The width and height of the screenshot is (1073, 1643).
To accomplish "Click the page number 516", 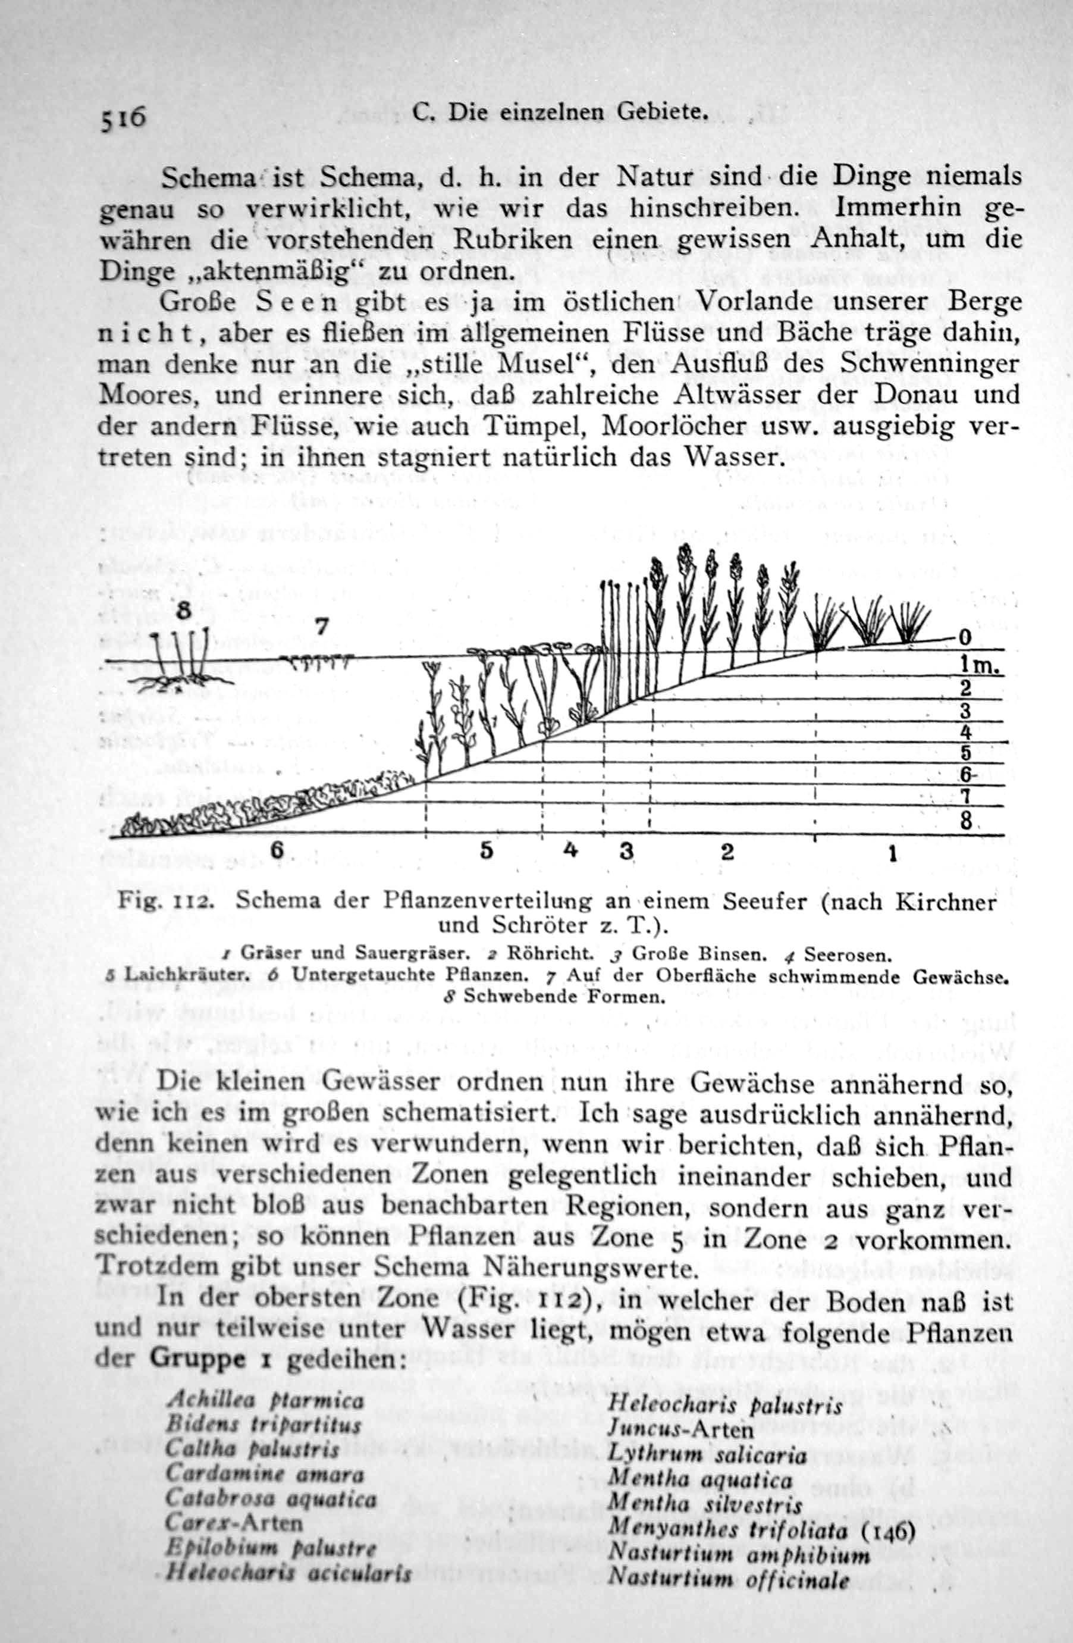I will click(123, 119).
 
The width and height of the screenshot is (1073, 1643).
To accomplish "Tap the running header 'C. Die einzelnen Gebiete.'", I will click(561, 112).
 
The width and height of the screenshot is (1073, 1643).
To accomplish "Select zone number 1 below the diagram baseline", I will click(892, 855).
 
